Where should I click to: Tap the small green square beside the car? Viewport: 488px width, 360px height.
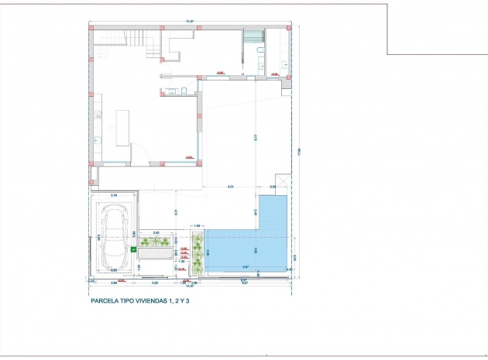point(133,250)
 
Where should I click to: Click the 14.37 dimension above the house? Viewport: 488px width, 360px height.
point(189,22)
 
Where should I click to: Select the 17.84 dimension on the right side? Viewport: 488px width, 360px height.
point(298,152)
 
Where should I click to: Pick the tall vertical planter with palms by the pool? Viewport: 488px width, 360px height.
point(198,252)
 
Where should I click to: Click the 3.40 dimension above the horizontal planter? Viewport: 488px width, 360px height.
point(156,232)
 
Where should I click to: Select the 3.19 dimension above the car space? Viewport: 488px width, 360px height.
point(114,195)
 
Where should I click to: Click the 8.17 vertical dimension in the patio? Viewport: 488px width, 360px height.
point(256,138)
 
